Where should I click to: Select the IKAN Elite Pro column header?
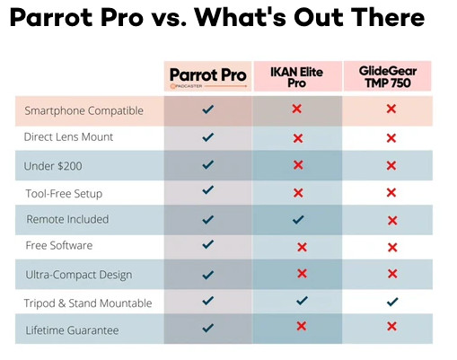pos(297,75)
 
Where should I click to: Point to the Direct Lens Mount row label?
pos(69,137)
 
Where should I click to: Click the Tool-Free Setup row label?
pos(63,193)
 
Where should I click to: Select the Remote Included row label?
pos(67,219)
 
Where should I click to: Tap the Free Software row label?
pos(59,246)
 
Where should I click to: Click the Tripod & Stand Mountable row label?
pos(88,303)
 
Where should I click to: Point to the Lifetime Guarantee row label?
pos(72,330)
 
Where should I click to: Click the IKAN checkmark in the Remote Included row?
pos(299,219)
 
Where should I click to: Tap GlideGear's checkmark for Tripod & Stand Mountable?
pos(391,302)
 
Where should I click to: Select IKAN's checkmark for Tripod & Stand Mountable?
pos(302,301)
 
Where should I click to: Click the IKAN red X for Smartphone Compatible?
pos(297,109)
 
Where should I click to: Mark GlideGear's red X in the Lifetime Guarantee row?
pos(391,327)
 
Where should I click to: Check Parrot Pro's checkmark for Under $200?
pos(208,165)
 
